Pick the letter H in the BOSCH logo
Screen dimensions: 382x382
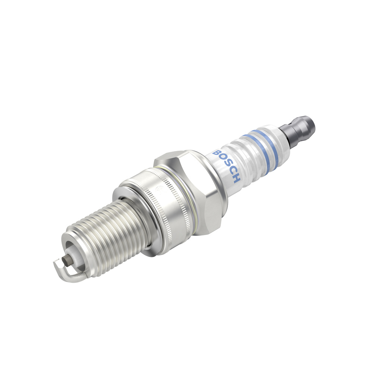(237, 178)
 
